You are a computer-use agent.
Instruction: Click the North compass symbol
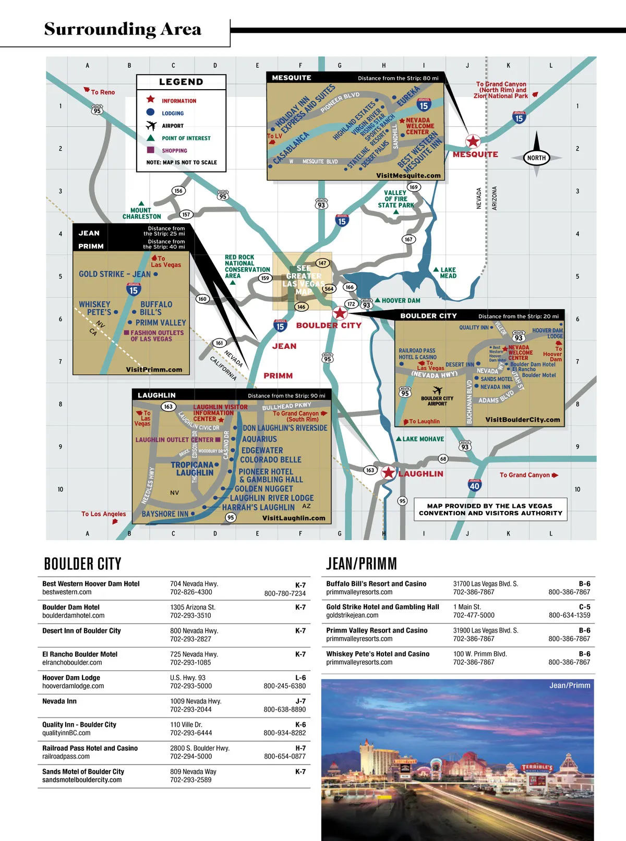[536, 157]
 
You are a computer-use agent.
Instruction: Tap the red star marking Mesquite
[473, 141]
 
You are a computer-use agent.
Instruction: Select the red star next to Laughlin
[388, 473]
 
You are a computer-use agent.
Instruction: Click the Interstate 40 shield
[474, 485]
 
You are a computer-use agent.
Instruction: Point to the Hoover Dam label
[401, 300]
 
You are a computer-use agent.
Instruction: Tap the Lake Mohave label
[423, 439]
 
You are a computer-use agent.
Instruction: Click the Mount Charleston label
[141, 213]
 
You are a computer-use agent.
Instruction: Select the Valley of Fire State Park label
[396, 199]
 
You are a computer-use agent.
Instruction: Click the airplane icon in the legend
[151, 126]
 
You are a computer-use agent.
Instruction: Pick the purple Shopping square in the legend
[151, 150]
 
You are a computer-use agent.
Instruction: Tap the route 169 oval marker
[414, 187]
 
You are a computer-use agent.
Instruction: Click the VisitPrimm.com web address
[154, 370]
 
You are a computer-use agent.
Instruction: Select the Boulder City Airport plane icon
[437, 391]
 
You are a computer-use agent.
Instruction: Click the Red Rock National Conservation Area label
[247, 266]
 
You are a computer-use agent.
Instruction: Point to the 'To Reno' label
[102, 92]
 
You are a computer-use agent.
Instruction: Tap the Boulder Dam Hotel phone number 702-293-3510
[190, 615]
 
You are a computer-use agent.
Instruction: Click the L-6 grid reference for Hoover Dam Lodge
[300, 678]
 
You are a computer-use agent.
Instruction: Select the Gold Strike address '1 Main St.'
[467, 607]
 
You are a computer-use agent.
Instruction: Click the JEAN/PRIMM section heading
[361, 564]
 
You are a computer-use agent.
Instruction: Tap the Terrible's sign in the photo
[537, 767]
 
